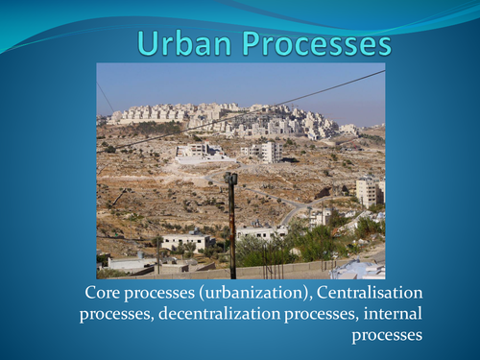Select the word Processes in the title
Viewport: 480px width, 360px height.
[x=317, y=44]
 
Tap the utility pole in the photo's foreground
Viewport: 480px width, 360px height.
[x=231, y=230]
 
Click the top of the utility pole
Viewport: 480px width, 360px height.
[x=230, y=179]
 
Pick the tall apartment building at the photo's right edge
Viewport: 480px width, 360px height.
[x=369, y=191]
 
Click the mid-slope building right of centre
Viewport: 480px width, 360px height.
[x=261, y=151]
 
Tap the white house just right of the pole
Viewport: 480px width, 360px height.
[x=259, y=231]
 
